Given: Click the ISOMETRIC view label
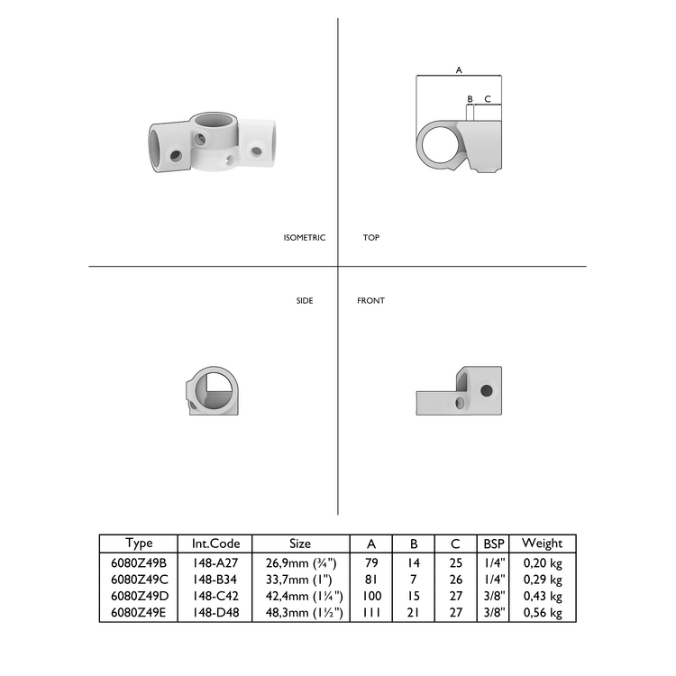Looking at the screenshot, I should point(304,238).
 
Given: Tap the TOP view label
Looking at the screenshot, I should point(371,238).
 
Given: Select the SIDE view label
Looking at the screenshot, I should point(305,300).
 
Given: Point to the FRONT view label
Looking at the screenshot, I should point(370,300).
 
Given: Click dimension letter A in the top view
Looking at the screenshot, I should point(459,69).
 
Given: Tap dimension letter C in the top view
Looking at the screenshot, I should point(488,98).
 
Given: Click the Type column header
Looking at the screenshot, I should point(139,544).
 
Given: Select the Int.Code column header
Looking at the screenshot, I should point(215,544).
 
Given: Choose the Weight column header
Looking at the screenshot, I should point(542,544).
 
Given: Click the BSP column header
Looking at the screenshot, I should point(494,544).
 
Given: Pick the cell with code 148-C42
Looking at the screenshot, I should point(215,596).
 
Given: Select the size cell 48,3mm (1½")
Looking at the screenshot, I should point(300,612).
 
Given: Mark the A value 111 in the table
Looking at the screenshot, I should point(371,612).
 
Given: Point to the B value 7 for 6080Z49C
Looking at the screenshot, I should point(415,580).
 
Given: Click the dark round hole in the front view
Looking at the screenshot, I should point(488,390).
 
